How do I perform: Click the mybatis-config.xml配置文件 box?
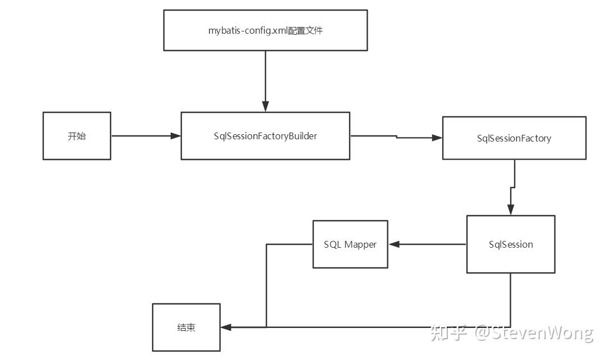tap(265, 30)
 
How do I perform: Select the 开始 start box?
tap(77, 136)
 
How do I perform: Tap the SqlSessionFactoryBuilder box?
tap(265, 136)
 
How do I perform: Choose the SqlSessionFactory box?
tap(514, 138)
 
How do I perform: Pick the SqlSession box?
tap(511, 244)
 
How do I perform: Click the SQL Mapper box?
tap(350, 244)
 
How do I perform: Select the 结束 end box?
tap(186, 327)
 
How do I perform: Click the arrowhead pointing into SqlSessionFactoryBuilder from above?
tap(265, 106)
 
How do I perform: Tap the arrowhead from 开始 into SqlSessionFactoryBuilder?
tap(176, 136)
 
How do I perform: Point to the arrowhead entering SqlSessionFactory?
tap(437, 138)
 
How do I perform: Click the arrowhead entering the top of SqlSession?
tap(511, 209)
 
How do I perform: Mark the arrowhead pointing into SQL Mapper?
tap(394, 244)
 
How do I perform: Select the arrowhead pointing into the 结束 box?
tap(226, 327)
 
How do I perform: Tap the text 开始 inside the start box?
tap(77, 136)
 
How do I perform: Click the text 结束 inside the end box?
tap(186, 327)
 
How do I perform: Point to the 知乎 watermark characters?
tap(448, 333)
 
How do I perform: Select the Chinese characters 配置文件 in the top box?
tap(306, 30)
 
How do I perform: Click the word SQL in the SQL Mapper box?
tap(332, 244)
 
